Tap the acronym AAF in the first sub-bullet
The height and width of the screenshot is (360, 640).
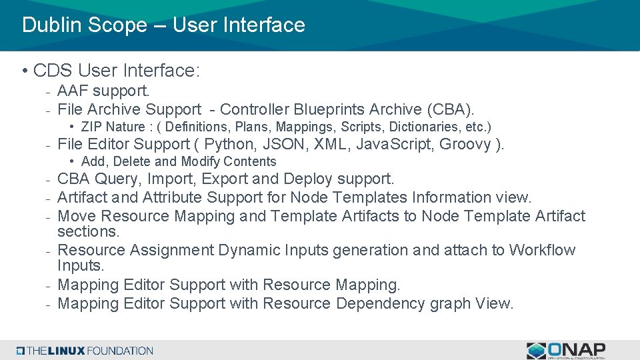(x=73, y=91)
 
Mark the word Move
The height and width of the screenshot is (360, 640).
(x=77, y=216)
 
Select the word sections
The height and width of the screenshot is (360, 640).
(x=88, y=232)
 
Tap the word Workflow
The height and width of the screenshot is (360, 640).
(x=542, y=250)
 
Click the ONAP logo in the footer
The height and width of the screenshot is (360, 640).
(x=566, y=350)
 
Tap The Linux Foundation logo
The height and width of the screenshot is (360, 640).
(x=85, y=351)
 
